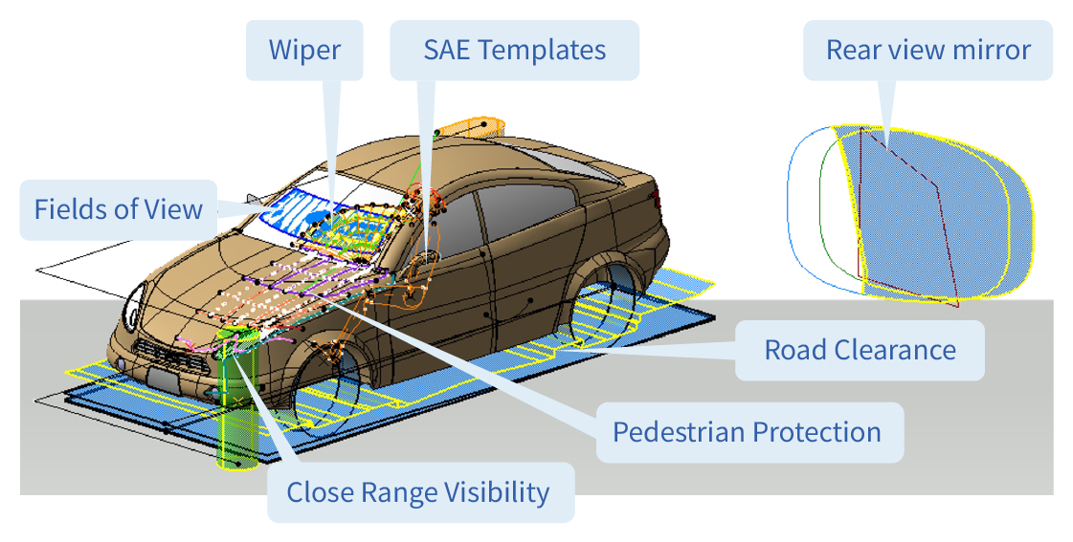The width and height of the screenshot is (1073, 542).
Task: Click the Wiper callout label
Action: click(304, 50)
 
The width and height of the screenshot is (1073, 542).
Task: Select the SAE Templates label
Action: click(515, 50)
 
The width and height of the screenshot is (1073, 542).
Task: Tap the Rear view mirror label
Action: click(928, 50)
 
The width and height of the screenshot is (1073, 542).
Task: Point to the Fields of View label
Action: click(119, 209)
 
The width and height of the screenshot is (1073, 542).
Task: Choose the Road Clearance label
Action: click(860, 350)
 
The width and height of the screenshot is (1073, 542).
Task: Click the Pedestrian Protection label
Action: click(747, 432)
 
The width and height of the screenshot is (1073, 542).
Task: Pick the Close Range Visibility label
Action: click(417, 492)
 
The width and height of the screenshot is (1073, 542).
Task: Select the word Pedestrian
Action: click(678, 432)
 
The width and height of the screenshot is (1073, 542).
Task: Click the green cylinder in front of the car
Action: click(237, 400)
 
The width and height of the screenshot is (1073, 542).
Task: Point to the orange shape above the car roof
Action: click(471, 128)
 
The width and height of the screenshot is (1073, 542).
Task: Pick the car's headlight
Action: click(133, 309)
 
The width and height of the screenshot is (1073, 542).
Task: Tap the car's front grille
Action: click(165, 356)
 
